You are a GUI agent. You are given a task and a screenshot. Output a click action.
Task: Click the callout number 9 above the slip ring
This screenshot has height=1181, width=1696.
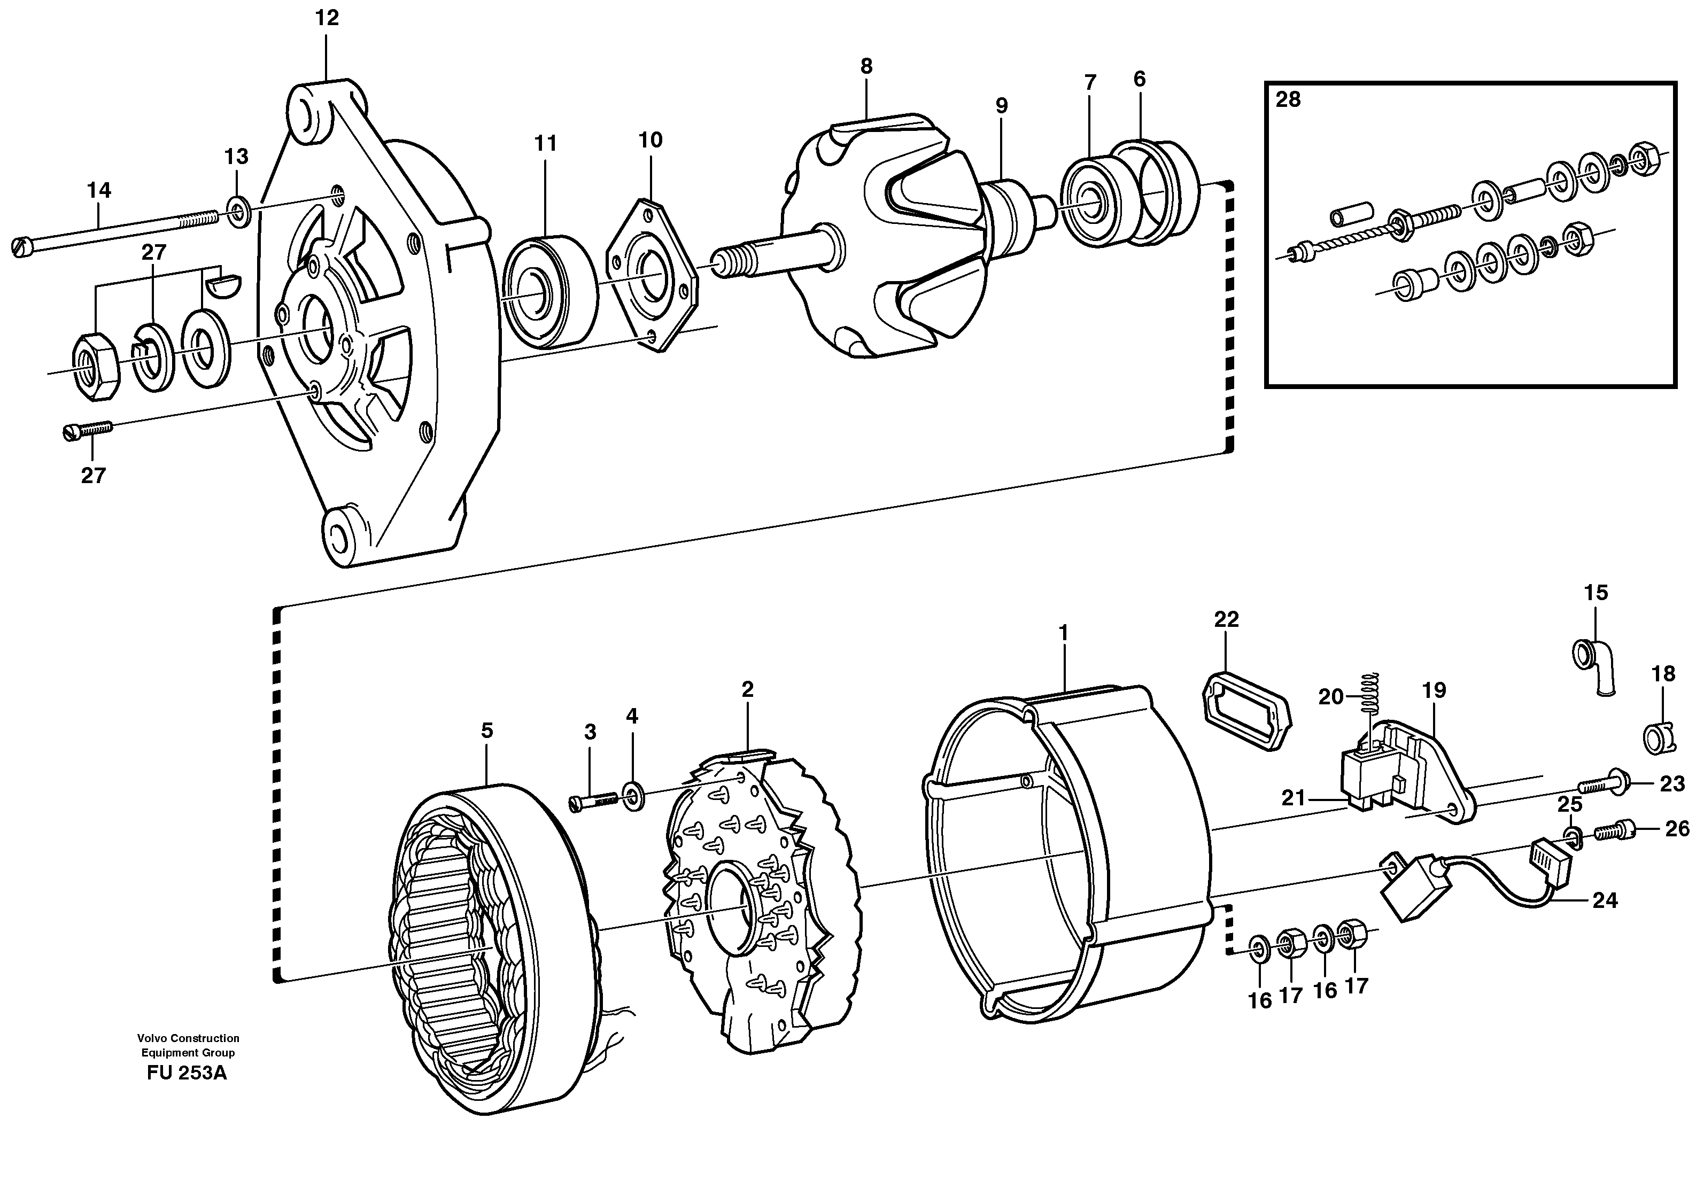1001,106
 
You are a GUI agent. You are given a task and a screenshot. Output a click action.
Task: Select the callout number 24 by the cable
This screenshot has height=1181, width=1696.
1605,900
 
